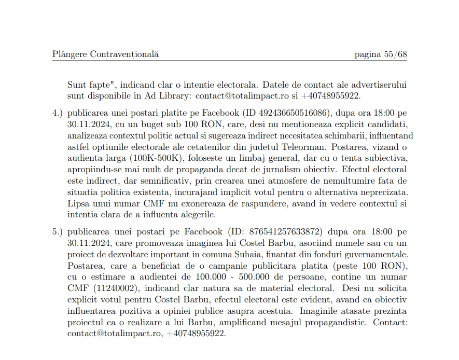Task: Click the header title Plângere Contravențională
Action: tap(105, 54)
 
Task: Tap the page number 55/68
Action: tap(381, 54)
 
